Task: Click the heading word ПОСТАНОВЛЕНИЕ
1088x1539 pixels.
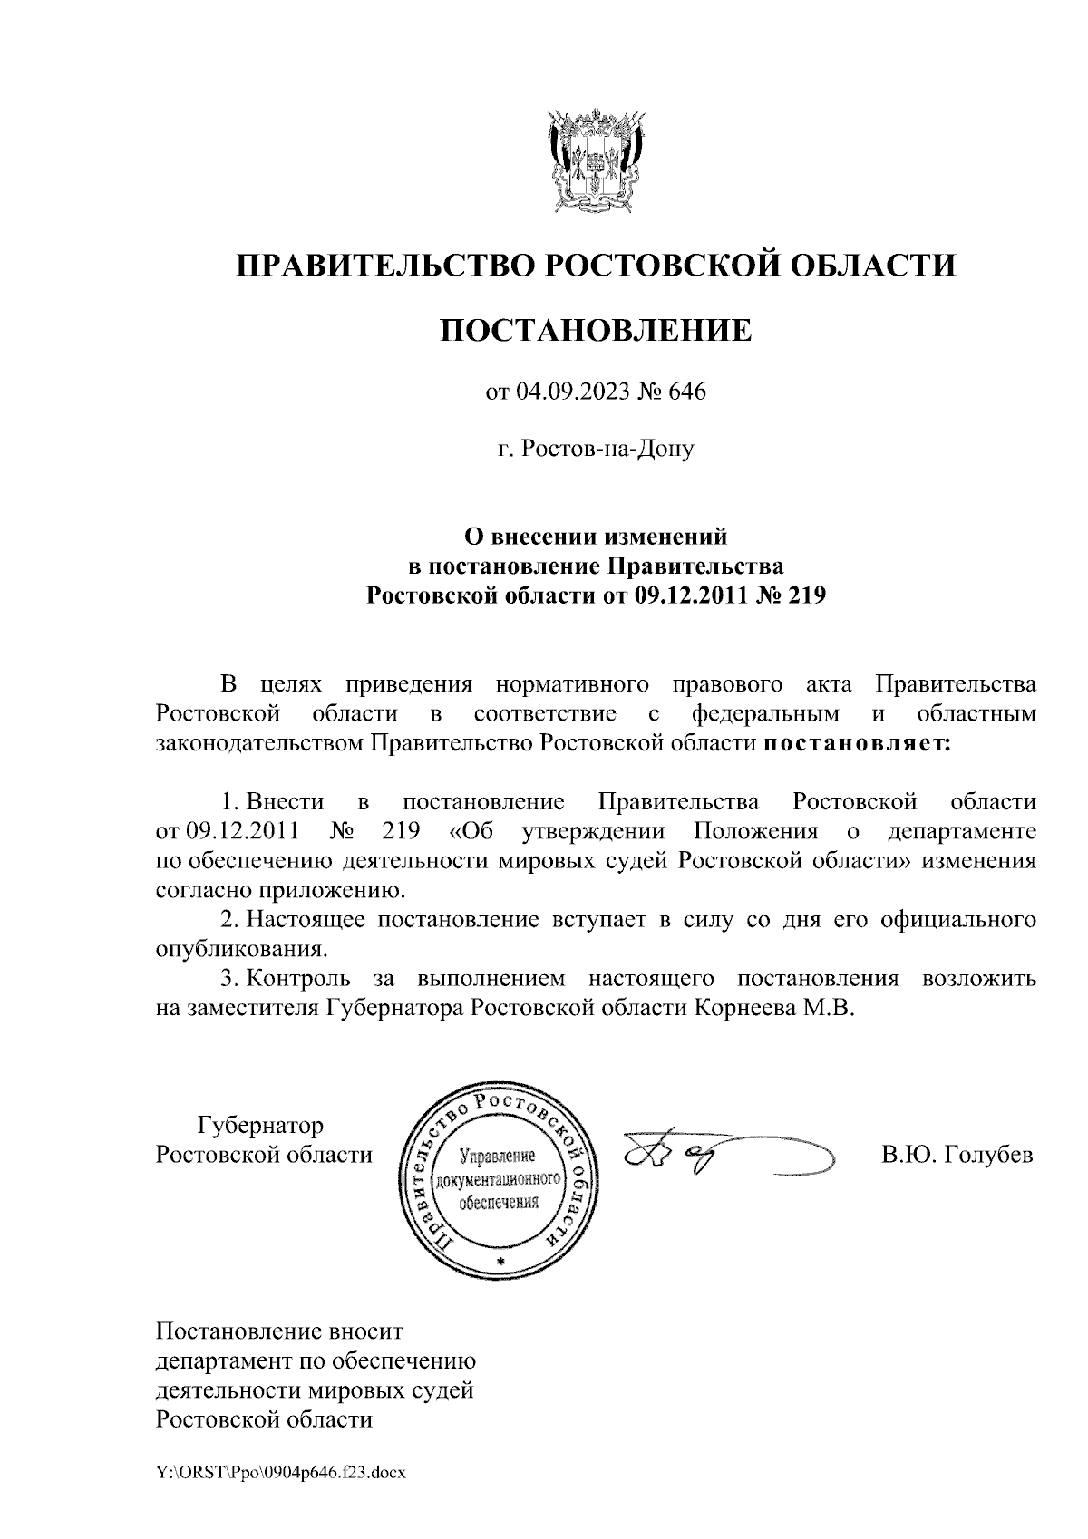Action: click(x=596, y=330)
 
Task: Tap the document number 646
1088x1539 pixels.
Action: click(x=686, y=392)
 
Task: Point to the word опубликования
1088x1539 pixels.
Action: click(x=239, y=950)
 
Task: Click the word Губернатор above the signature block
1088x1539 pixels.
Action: click(x=260, y=1127)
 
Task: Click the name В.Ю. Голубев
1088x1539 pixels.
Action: click(x=957, y=1156)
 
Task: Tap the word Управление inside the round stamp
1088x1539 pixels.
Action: click(x=499, y=1157)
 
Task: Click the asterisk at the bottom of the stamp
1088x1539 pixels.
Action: click(x=499, y=1262)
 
